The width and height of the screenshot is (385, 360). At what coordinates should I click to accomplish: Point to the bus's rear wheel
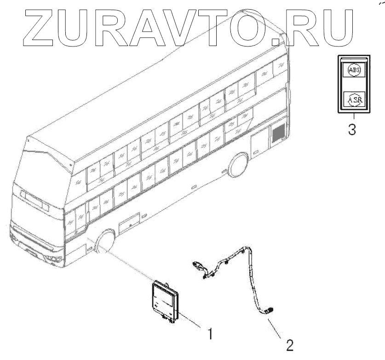[238, 165]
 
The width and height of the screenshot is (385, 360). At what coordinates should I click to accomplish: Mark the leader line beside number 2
[279, 327]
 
